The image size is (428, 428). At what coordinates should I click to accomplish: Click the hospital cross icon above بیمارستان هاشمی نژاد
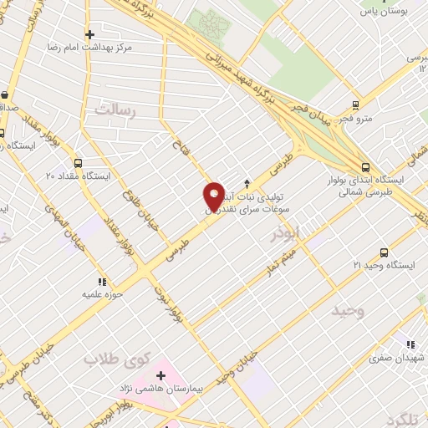(160, 376)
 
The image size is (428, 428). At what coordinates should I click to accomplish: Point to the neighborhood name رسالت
(115, 110)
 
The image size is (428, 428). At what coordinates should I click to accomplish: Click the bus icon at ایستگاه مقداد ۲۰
(78, 163)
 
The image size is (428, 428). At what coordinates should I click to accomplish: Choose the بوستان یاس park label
(383, 13)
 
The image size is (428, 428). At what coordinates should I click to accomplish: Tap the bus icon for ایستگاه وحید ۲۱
(384, 252)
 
